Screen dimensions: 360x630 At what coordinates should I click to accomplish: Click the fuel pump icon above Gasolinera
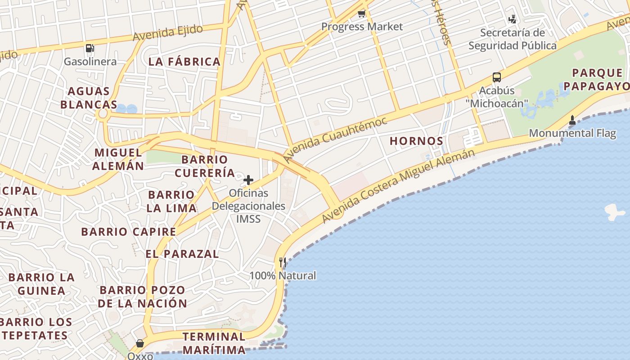point(90,48)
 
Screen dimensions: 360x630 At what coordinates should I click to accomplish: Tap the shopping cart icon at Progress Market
point(361,14)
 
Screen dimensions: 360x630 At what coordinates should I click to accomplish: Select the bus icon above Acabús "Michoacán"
point(497,77)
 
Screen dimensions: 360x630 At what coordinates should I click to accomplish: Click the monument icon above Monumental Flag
point(572,120)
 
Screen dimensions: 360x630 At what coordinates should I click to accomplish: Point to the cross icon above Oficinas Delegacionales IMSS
point(248,180)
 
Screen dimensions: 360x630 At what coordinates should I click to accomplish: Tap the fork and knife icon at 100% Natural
point(283,262)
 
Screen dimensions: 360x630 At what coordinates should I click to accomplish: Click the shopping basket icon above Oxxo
point(140,344)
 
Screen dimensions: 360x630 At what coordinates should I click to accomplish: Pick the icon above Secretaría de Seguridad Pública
point(512,19)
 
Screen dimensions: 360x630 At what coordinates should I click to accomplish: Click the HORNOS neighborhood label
point(416,141)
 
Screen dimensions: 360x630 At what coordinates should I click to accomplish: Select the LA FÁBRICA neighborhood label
point(184,62)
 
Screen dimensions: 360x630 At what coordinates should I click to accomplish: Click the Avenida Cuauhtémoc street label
point(336,139)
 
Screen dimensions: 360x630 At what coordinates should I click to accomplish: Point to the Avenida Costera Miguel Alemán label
point(398,185)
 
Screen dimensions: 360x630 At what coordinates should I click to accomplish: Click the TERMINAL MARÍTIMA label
point(214,343)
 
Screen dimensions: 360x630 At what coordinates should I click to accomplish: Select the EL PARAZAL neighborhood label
point(182,254)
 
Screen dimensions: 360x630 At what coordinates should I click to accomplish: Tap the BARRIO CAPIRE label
point(129,232)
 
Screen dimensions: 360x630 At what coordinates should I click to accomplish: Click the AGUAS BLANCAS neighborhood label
point(89,98)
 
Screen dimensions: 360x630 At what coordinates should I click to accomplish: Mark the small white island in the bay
point(615,211)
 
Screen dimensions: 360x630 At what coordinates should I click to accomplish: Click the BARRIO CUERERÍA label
point(205,166)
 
